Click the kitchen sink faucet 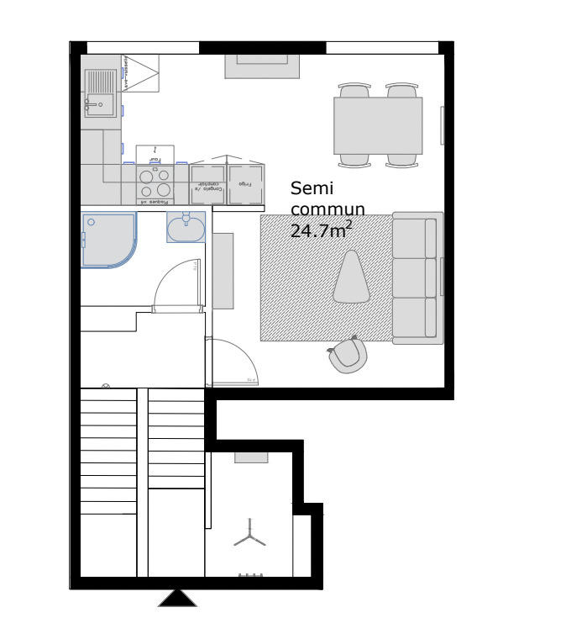[87, 105]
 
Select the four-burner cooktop [155, 182]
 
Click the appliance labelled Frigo [246, 183]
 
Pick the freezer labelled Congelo [207, 183]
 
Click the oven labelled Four [155, 155]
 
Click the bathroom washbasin [186, 227]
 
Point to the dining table [378, 125]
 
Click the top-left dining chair [354, 90]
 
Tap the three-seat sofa [417, 280]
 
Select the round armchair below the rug [349, 356]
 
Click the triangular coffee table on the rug [352, 278]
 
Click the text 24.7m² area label [320, 230]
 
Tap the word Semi [310, 188]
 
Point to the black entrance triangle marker [177, 598]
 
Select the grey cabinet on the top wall [262, 66]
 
